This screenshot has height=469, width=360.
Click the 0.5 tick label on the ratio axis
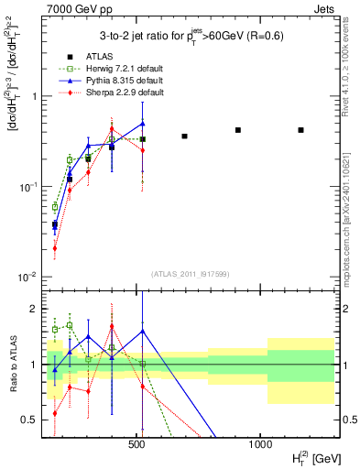30,420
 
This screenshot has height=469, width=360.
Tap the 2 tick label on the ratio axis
34,309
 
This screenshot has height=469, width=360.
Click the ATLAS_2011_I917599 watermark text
191,274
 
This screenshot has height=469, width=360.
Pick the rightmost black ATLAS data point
301,130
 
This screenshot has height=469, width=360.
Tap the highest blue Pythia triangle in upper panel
143,123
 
